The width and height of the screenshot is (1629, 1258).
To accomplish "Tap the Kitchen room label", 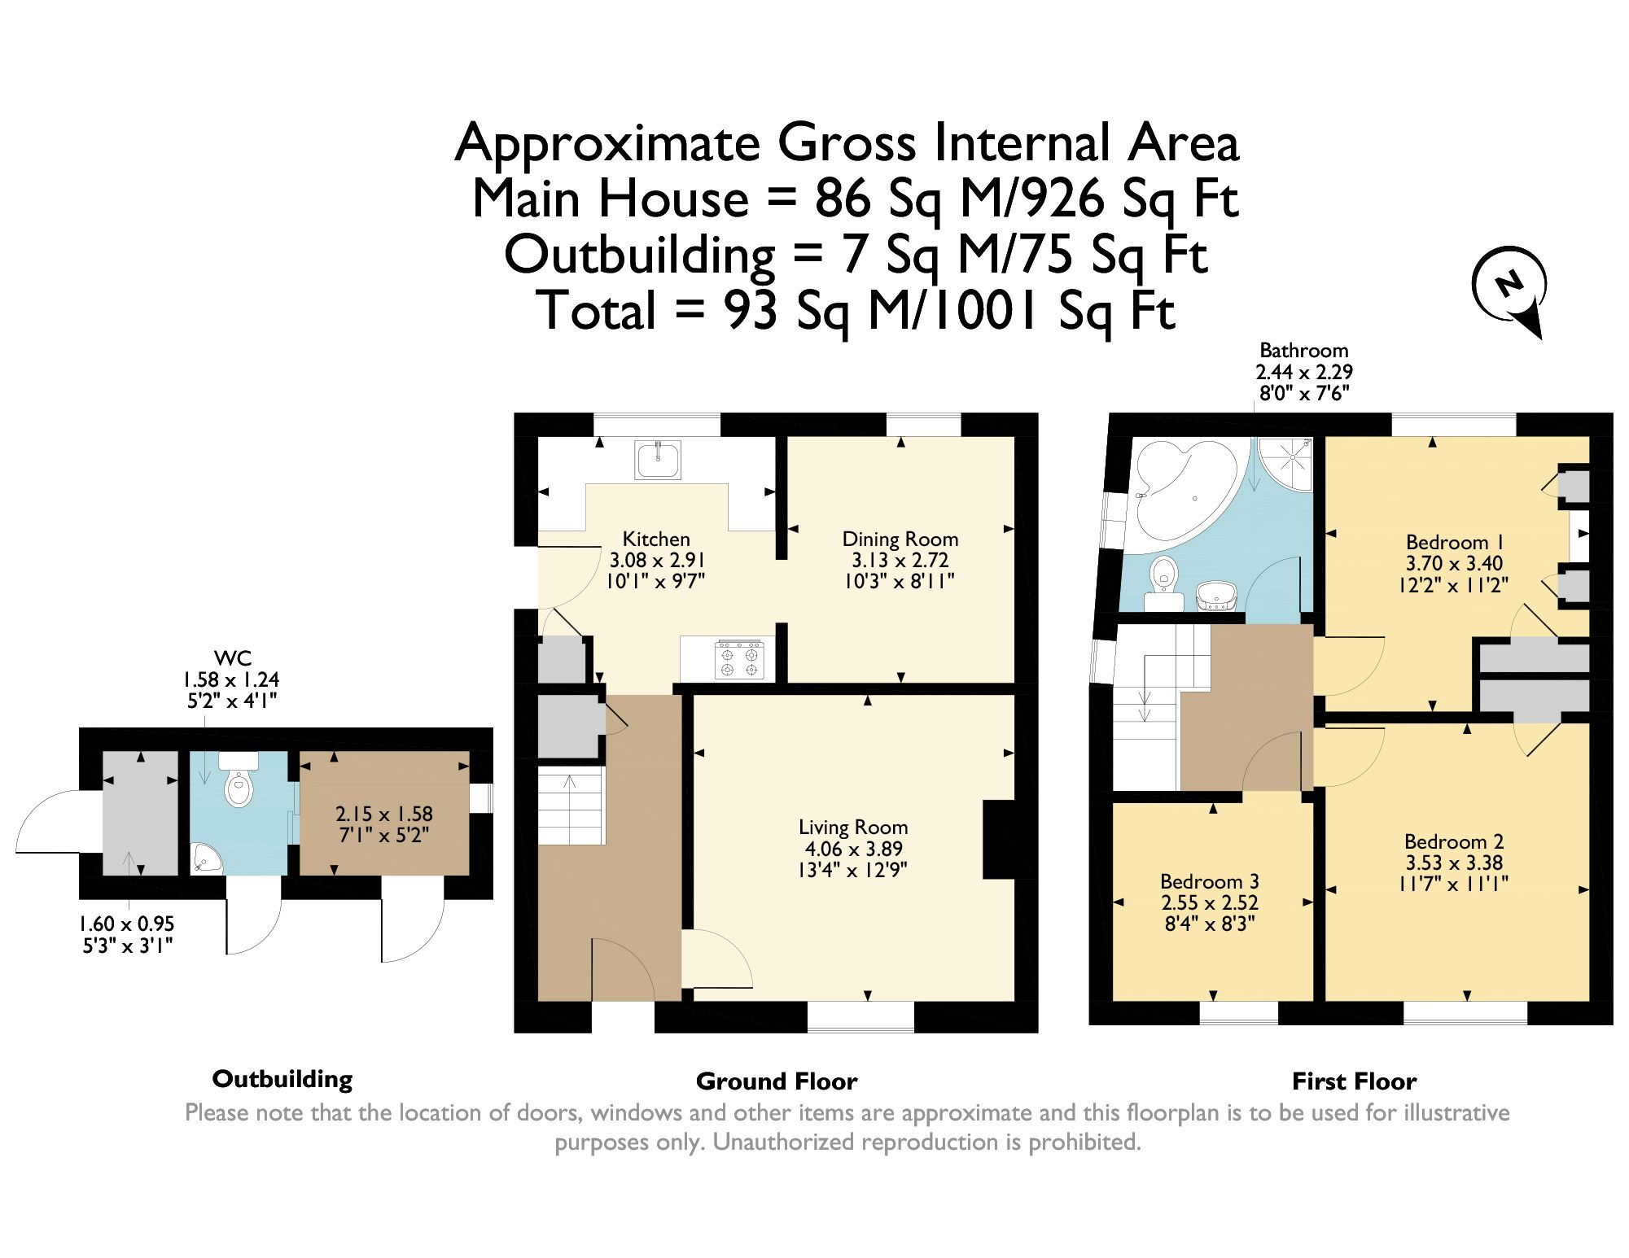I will (656, 539).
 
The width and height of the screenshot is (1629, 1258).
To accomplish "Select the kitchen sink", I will (659, 460).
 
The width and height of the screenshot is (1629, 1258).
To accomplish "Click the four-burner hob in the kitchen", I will (739, 659).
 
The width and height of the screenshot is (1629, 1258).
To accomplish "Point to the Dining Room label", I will (900, 539).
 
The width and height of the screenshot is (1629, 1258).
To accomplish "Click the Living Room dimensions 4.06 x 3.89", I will (852, 849).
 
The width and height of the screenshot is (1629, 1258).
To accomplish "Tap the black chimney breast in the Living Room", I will (1000, 840).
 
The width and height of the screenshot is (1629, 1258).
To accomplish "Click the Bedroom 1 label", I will (1454, 542).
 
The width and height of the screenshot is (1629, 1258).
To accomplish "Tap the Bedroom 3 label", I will (1209, 881).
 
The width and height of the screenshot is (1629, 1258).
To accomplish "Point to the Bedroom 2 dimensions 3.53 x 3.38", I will (1454, 863).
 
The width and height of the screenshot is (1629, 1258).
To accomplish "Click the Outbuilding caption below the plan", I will (282, 1079).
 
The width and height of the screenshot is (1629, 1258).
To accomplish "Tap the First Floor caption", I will (1354, 1081).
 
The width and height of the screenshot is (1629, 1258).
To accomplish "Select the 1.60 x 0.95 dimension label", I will (126, 924).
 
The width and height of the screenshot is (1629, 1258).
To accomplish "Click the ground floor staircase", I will (571, 807).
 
